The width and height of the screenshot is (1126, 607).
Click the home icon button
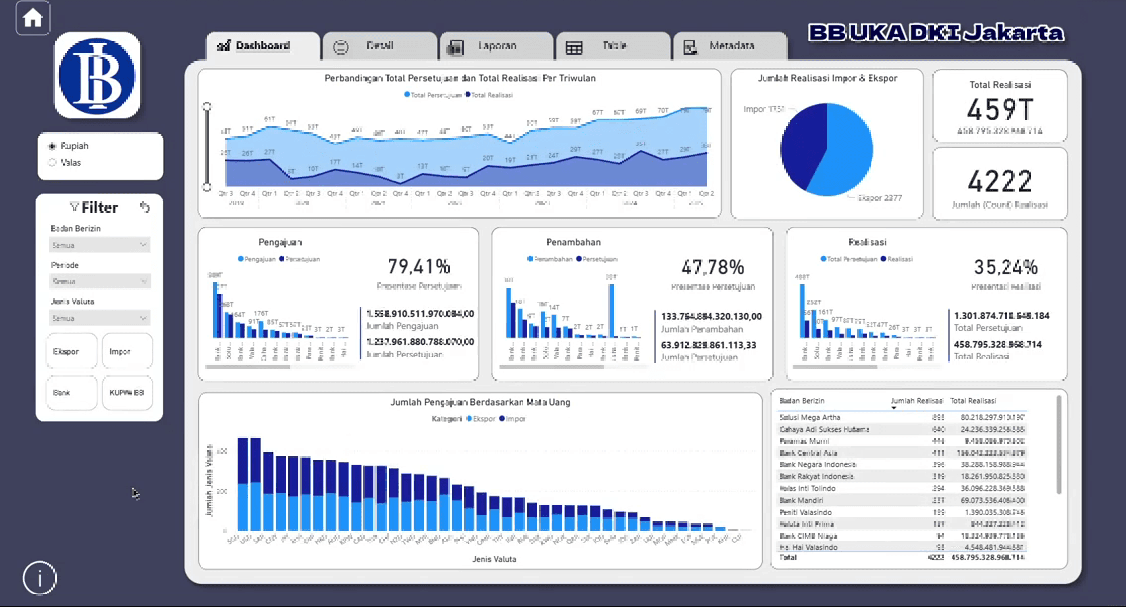32,18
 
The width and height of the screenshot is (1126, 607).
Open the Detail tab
379,46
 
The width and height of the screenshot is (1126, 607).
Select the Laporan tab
496,46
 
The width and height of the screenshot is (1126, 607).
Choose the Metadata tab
731,46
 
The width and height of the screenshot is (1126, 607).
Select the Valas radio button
53,163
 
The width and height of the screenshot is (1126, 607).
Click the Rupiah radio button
53,146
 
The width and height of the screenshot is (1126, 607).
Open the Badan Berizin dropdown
100,245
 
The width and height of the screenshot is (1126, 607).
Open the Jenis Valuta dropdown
100,318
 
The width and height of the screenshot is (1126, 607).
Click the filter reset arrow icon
145,207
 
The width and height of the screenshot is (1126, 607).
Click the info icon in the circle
40,578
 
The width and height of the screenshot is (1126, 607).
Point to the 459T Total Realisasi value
1000,109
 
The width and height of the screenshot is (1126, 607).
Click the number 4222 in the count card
1000,181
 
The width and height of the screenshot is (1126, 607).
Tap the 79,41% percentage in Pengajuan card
419,266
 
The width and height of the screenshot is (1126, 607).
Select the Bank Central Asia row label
808,453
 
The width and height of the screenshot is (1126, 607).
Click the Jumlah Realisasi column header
917,401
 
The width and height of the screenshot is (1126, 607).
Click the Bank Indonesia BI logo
97,75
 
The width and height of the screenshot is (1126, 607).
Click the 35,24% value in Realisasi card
1005,267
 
